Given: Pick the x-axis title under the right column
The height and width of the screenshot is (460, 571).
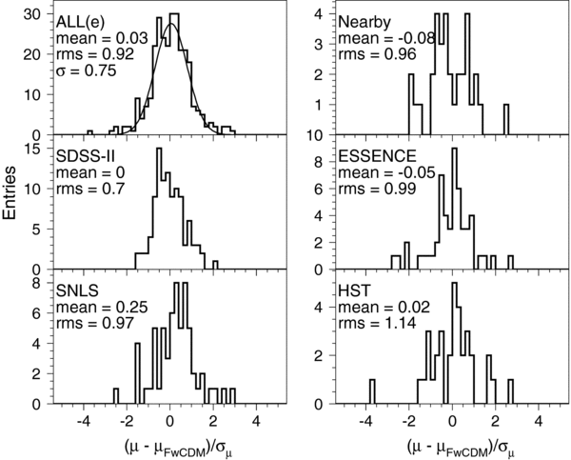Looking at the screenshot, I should coord(453,444).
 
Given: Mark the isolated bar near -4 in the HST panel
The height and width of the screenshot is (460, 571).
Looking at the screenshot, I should coord(371,391).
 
